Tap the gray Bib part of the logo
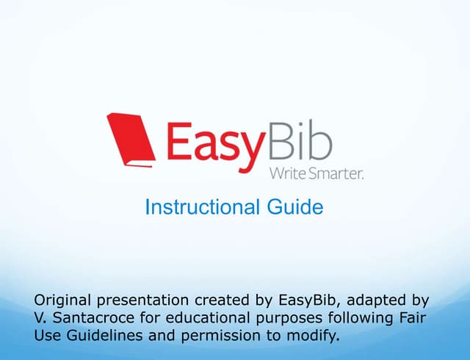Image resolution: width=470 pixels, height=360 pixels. click(300, 141)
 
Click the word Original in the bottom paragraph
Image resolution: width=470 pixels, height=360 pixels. click(64, 300)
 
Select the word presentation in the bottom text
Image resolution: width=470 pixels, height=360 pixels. click(145, 300)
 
